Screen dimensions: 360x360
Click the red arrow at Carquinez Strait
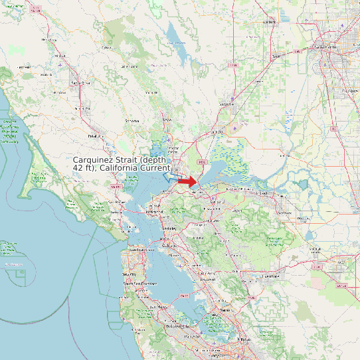click(188, 181)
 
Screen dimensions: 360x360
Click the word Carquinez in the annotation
click(95, 160)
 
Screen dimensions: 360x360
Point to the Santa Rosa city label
click(80, 83)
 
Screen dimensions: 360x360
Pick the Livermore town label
click(270, 275)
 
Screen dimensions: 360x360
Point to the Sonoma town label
click(132, 121)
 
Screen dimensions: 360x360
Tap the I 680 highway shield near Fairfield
click(203, 161)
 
